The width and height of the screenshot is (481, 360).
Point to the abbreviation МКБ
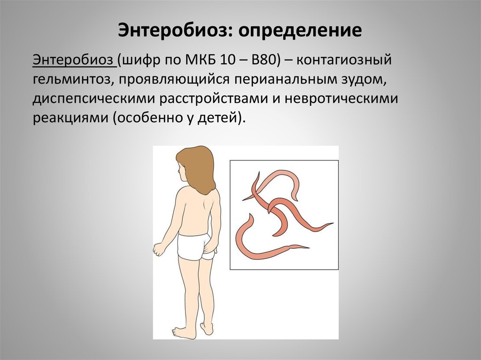(200, 60)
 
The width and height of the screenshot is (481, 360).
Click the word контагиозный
(344, 60)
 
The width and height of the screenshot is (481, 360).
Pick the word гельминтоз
(71, 79)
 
